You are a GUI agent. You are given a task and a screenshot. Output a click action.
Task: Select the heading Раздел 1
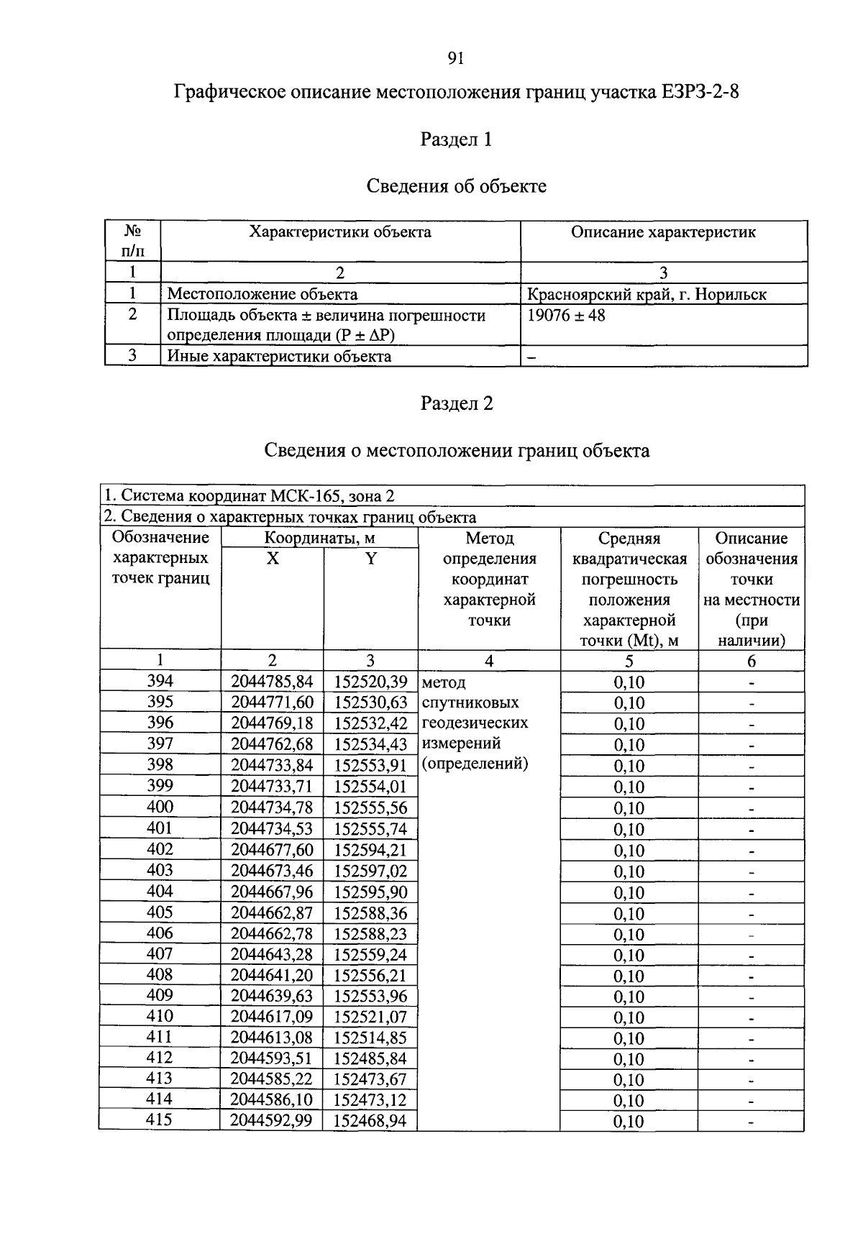click(456, 139)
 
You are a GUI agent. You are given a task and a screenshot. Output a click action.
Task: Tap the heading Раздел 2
click(457, 403)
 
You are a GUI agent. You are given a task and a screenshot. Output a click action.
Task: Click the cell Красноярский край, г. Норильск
click(647, 294)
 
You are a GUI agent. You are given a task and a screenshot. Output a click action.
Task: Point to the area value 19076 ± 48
click(566, 315)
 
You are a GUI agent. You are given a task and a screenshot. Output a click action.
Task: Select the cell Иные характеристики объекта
click(279, 356)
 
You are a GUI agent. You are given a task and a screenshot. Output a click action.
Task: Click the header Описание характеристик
click(663, 232)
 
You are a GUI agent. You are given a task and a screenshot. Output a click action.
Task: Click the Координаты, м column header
click(319, 538)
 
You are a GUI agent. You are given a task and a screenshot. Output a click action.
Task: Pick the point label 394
click(160, 681)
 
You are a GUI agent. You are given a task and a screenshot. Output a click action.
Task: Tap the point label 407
click(160, 953)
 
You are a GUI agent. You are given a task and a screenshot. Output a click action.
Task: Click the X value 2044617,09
click(272, 1017)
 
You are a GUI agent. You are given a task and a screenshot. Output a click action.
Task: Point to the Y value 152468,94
click(370, 1121)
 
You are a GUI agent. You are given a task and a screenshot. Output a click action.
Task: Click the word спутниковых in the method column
click(470, 702)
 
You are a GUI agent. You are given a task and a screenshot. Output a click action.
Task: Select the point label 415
click(160, 1120)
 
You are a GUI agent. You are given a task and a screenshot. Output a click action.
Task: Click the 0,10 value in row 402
click(629, 851)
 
